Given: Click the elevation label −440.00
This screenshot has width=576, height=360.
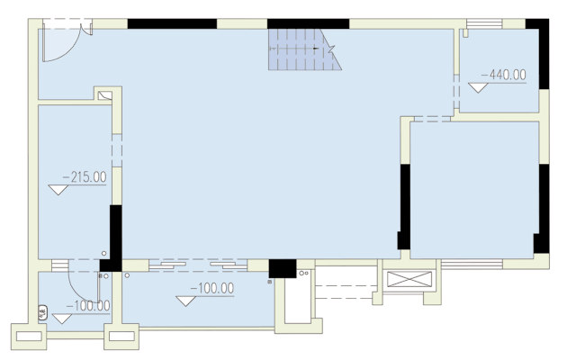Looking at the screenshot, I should (x=504, y=76).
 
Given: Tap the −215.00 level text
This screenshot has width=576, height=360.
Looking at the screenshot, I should (x=84, y=177).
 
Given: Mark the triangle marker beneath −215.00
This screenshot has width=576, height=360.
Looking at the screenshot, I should (x=59, y=189).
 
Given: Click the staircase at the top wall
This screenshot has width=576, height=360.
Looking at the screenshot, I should (x=303, y=49).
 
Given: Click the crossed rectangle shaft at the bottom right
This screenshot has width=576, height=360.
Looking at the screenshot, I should (x=408, y=279).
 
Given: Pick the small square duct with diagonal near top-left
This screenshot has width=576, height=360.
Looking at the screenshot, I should (x=105, y=94).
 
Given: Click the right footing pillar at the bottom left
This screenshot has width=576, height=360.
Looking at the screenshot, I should (x=121, y=337).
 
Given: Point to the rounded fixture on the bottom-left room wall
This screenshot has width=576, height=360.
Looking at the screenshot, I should (x=41, y=314).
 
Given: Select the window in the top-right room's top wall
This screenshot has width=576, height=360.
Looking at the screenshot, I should (x=485, y=23).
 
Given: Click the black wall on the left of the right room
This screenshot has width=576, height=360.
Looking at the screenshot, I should (x=404, y=206).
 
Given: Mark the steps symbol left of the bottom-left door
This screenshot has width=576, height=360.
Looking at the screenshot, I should (x=60, y=265).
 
